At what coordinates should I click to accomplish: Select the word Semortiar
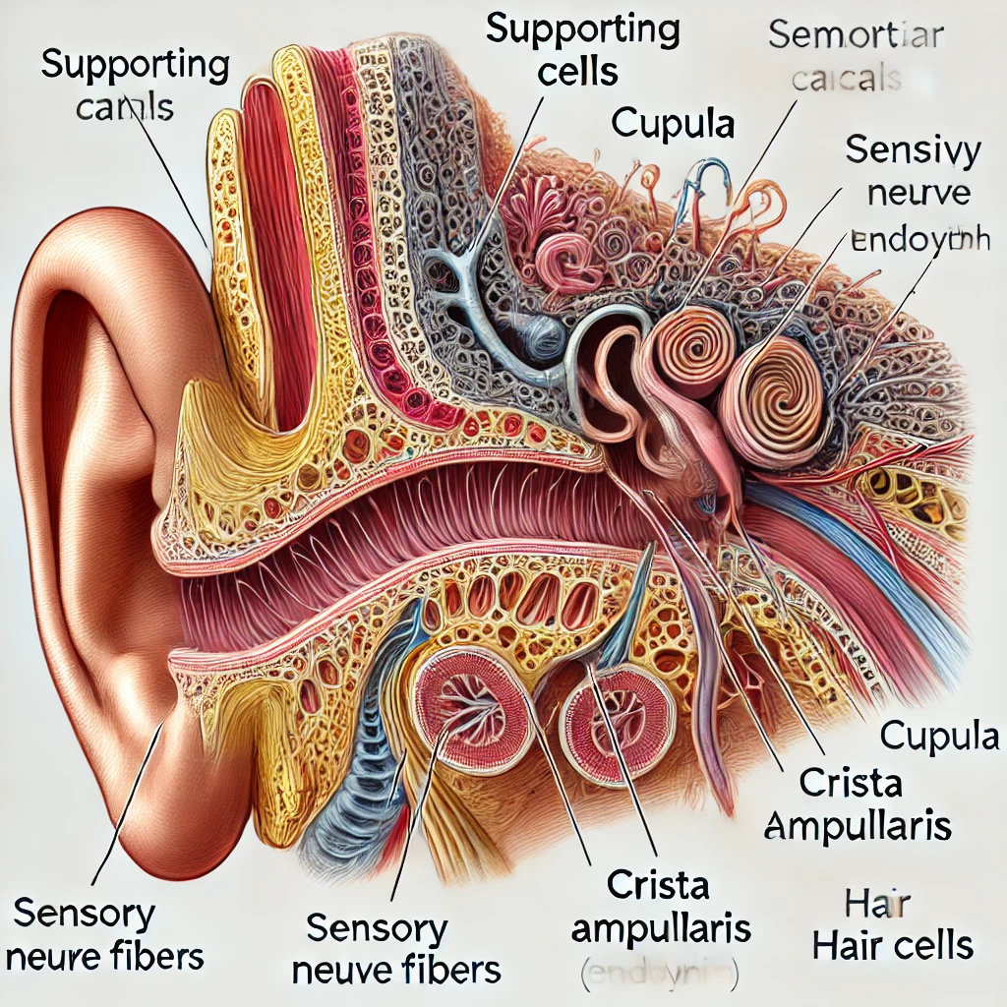pyautogui.click(x=855, y=36)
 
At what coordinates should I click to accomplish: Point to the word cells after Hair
pyautogui.click(x=934, y=947)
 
